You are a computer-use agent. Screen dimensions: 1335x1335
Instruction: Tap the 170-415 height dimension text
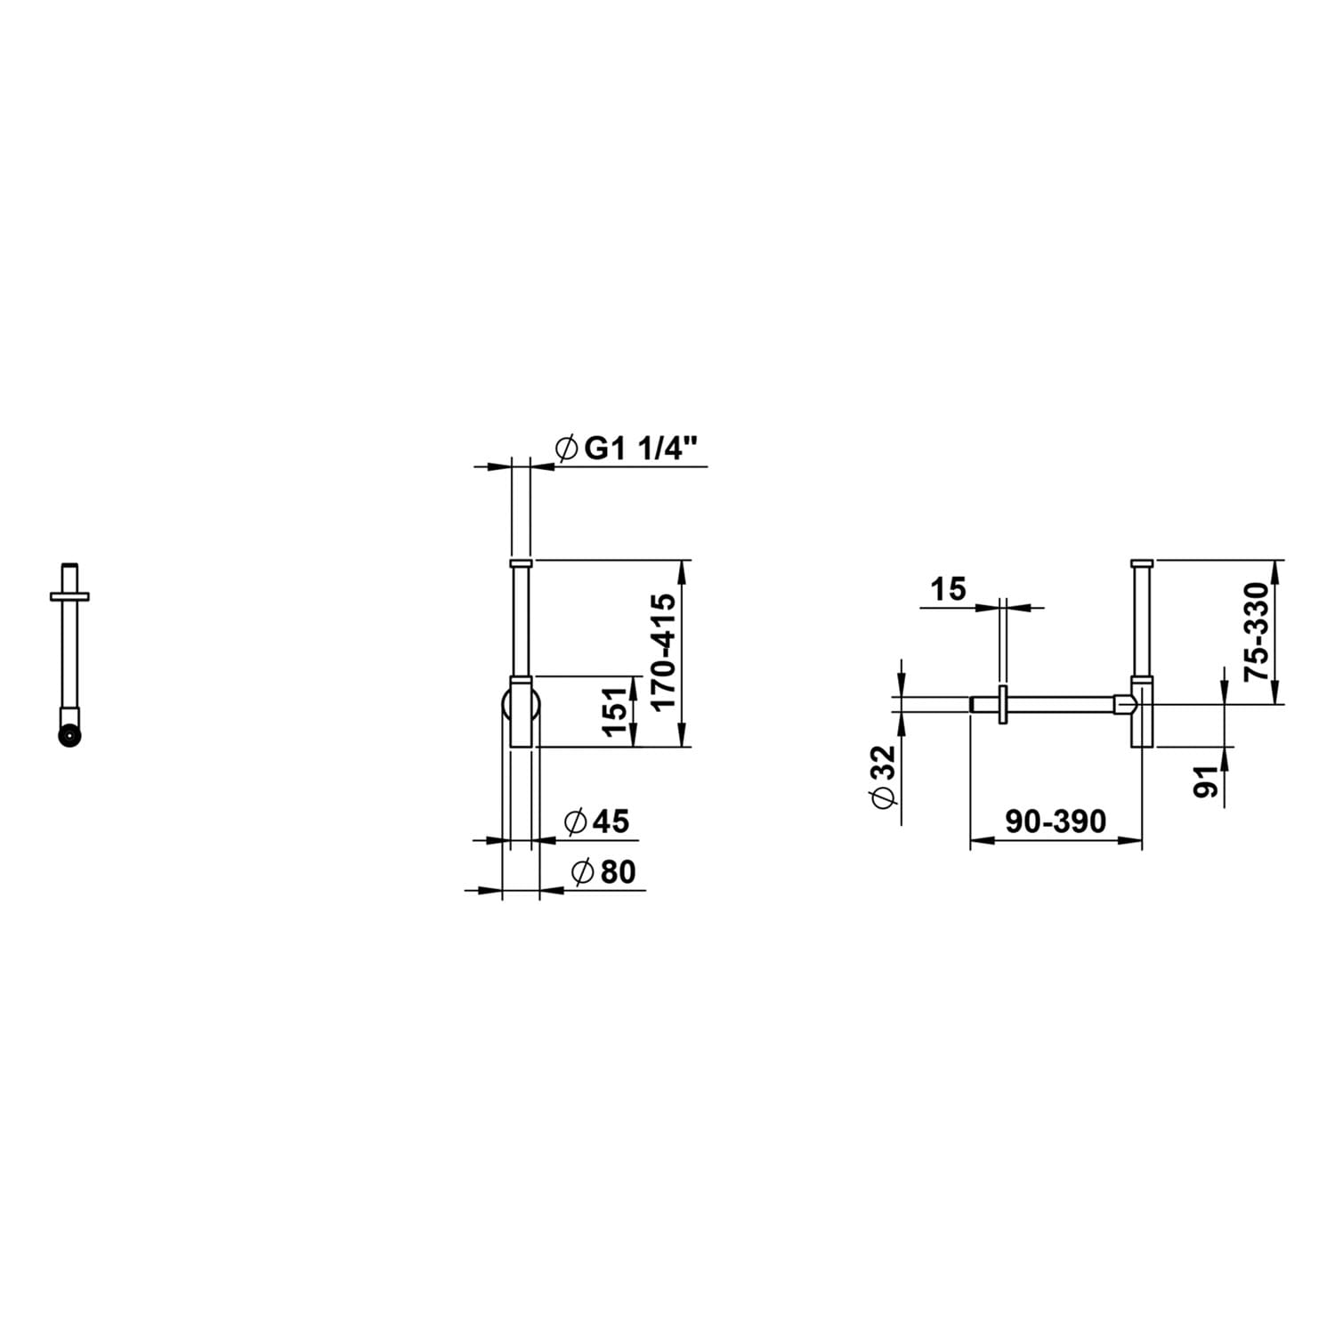[x=664, y=651]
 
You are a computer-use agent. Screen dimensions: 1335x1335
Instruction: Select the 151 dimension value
[x=616, y=711]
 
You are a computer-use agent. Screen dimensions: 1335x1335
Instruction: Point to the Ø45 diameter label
[x=597, y=821]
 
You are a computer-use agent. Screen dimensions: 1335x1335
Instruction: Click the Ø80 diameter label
[x=604, y=871]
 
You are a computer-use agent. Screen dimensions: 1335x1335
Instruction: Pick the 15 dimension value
[x=948, y=588]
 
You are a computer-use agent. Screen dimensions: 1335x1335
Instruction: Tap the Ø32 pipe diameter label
[x=883, y=777]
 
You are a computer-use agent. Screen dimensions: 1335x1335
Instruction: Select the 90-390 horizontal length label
[x=1056, y=821]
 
